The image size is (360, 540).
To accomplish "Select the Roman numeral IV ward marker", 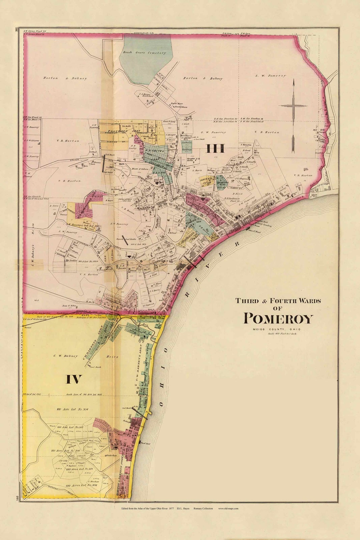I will click(74, 379).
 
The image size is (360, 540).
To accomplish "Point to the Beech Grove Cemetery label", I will click(144, 53).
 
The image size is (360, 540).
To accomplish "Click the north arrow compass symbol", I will click(293, 115).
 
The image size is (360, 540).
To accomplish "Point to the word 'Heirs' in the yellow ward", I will click(112, 357).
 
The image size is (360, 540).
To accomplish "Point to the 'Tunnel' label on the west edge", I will click(28, 328).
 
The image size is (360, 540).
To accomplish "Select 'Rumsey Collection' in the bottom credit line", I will click(203, 509).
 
